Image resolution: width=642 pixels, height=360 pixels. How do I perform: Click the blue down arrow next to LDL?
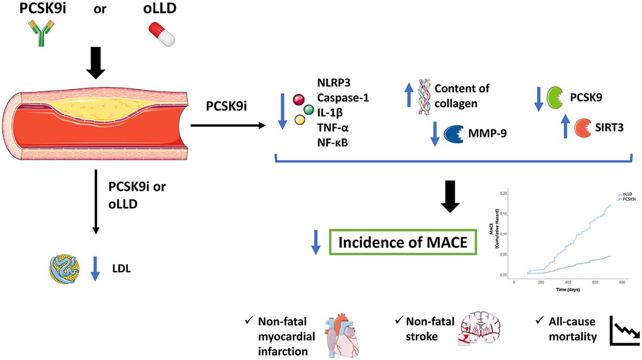click(95, 270)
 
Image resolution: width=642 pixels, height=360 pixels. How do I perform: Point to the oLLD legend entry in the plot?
click(624, 194)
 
